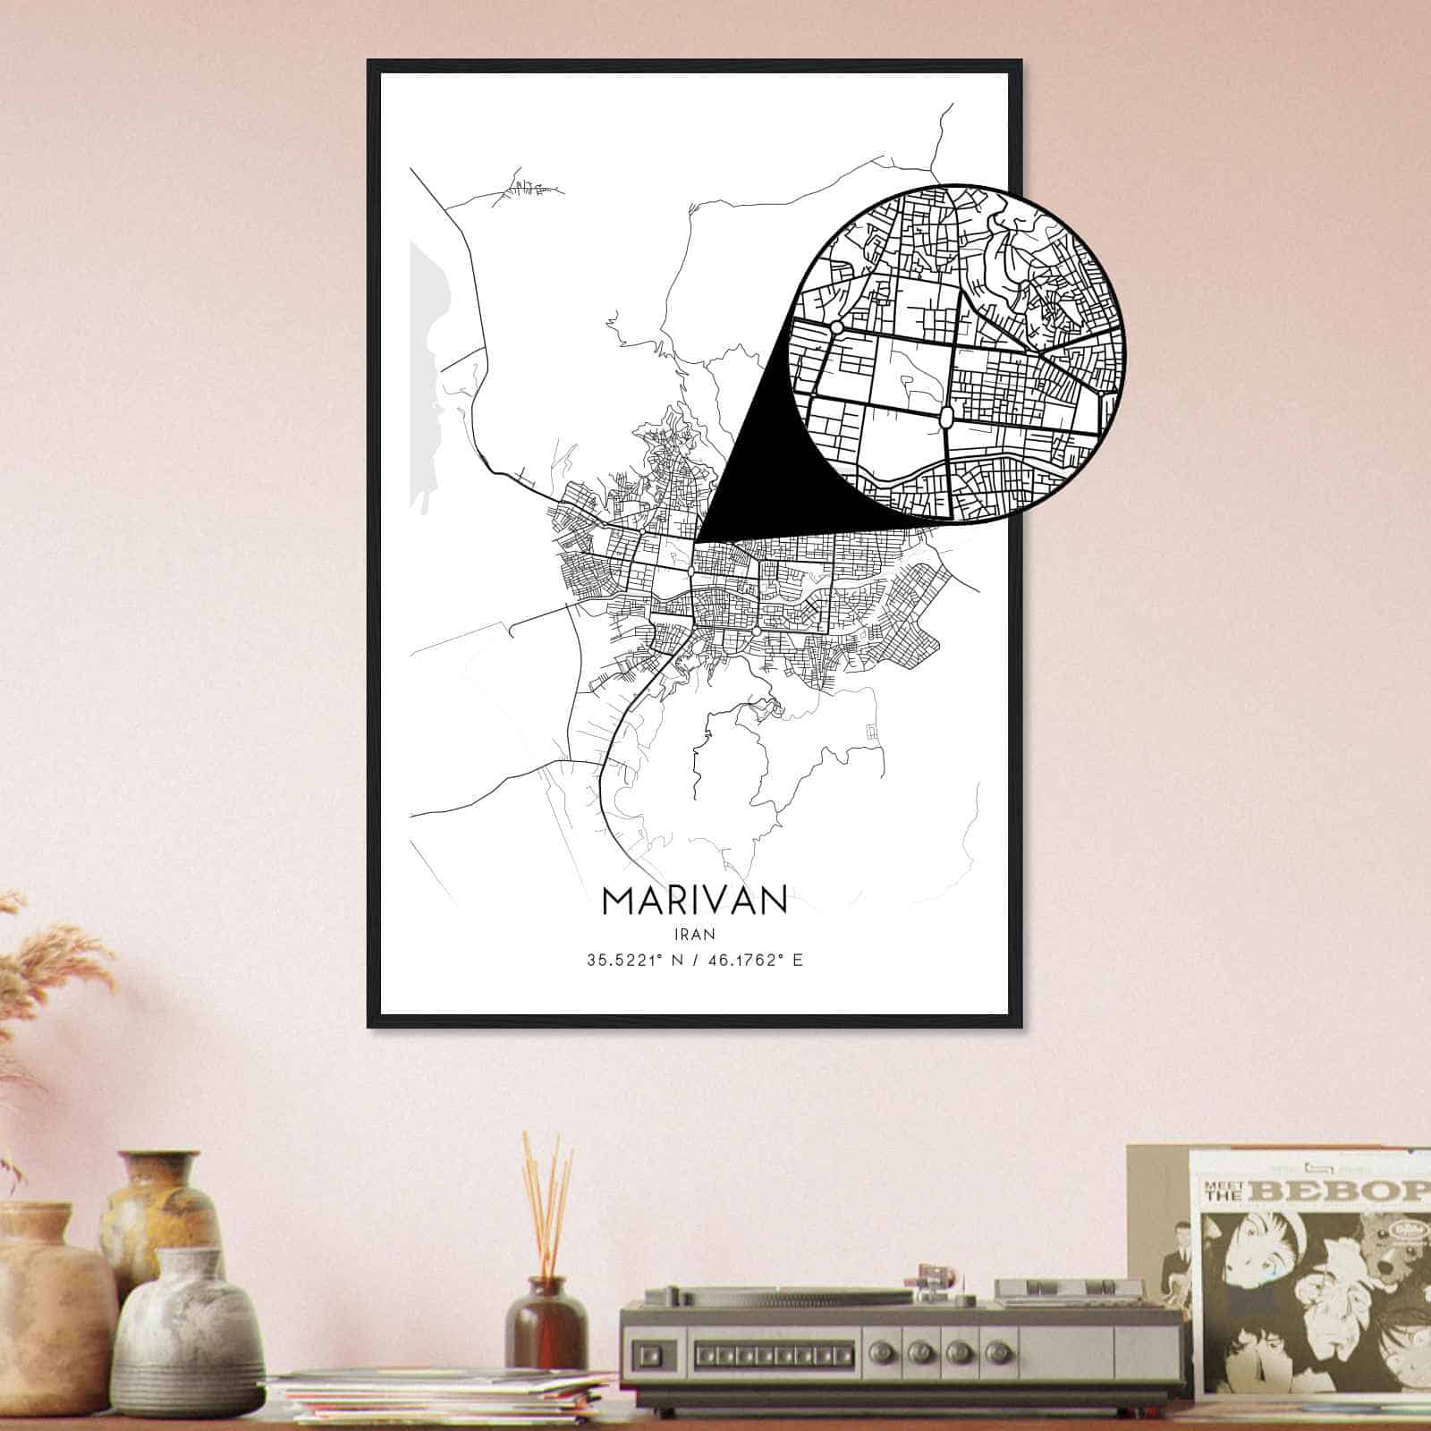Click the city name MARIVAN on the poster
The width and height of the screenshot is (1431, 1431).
(x=695, y=901)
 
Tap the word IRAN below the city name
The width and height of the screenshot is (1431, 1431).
(x=695, y=934)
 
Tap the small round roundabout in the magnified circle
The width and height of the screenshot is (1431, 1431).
(x=836, y=328)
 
